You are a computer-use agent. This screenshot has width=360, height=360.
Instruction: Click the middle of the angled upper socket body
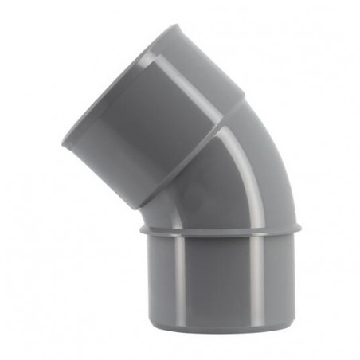(x=171, y=119)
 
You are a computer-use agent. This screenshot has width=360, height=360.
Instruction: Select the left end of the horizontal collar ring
(x=141, y=229)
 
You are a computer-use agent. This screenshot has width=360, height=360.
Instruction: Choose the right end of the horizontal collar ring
(x=301, y=229)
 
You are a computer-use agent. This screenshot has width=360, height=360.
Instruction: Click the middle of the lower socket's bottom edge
(x=221, y=333)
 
